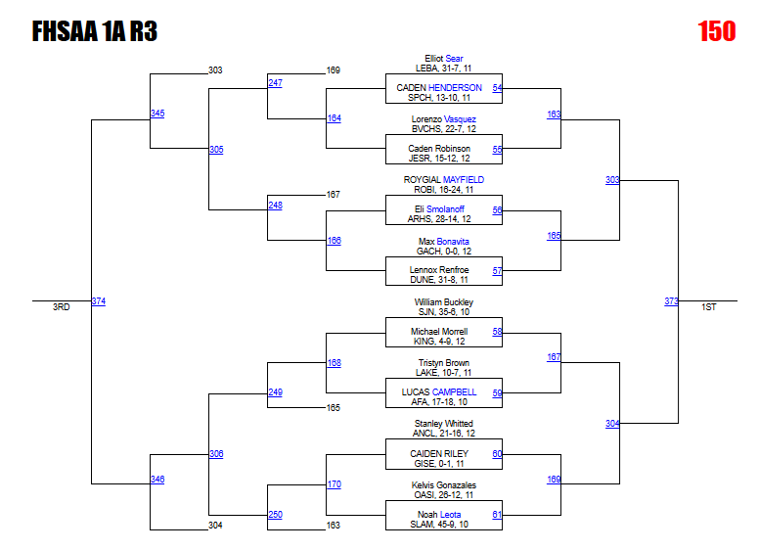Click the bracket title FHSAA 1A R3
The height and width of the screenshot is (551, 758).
point(95,32)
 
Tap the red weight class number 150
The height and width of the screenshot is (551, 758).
point(717,32)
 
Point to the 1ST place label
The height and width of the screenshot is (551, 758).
point(709,307)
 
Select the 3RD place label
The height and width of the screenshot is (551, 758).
point(62,307)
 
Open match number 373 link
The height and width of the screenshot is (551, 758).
point(671,301)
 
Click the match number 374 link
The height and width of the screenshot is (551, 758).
point(98,301)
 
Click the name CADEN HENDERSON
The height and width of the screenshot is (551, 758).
point(439,88)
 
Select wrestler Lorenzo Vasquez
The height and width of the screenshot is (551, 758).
point(443,119)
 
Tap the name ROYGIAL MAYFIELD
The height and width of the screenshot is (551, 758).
point(443,180)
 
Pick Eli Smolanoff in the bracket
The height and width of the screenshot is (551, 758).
point(443,209)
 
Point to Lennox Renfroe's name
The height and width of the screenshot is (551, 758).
point(443,270)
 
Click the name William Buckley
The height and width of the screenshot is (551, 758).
point(443,302)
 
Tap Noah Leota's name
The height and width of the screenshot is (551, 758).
point(443,515)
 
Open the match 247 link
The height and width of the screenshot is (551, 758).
point(275,83)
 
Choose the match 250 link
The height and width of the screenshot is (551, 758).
point(275,515)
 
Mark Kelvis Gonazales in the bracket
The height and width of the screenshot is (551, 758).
point(443,485)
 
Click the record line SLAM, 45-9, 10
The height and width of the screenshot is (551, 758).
point(443,525)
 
